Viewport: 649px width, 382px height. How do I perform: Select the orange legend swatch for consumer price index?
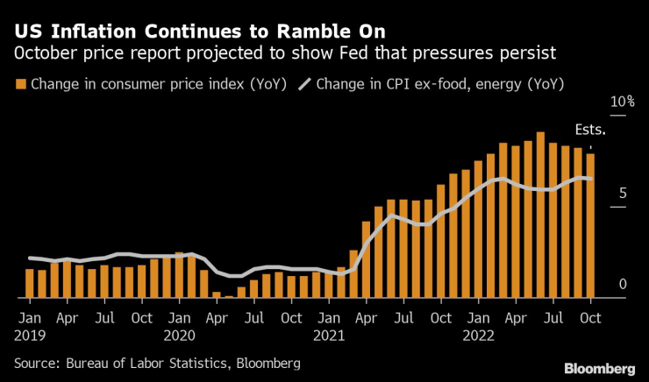20,85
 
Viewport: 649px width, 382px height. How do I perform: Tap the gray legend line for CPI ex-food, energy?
303,85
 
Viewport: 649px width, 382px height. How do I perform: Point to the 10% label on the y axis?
621,103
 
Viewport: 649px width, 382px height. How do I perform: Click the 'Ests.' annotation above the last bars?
590,129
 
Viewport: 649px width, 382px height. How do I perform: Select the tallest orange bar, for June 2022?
541,215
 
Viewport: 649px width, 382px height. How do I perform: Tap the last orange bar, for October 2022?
590,225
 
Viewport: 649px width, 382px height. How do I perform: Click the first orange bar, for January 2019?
30,283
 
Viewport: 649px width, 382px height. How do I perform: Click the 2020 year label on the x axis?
180,334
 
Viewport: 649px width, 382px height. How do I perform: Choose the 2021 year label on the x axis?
329,334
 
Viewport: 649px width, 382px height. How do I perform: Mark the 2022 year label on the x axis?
478,334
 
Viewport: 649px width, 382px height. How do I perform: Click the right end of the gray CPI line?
590,179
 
